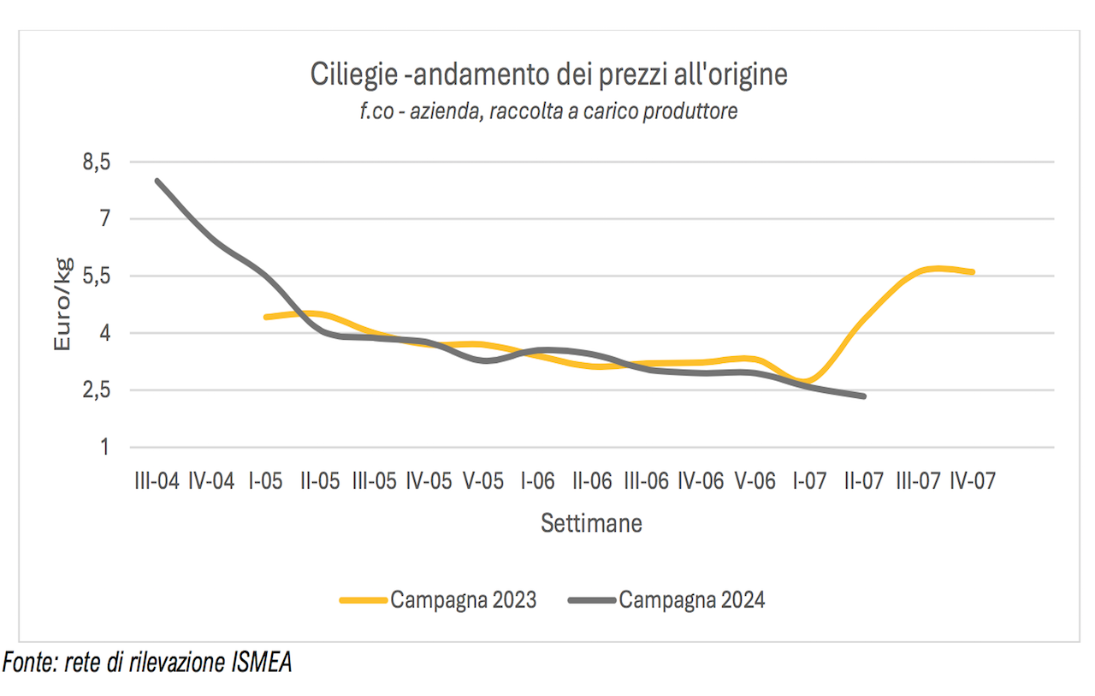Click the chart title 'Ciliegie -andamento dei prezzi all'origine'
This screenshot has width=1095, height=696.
coord(547,75)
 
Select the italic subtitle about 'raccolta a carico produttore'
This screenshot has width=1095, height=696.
coord(548,111)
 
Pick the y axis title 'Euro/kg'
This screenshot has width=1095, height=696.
coord(62,304)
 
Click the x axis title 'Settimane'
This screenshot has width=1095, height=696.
coord(591,523)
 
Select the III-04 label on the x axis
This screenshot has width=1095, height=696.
coord(157,481)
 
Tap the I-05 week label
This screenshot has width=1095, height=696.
coord(265,481)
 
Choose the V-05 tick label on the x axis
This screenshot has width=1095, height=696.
coord(483,481)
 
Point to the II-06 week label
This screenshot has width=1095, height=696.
coord(592,481)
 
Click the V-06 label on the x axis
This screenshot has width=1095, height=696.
coord(755,481)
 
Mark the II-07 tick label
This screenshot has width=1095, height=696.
coord(864,481)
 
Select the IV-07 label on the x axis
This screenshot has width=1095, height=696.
coord(973,481)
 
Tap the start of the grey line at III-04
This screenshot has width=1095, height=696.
coord(157,181)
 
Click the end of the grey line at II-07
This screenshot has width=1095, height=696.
coord(864,396)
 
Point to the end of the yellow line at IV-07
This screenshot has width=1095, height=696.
coord(973,272)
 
